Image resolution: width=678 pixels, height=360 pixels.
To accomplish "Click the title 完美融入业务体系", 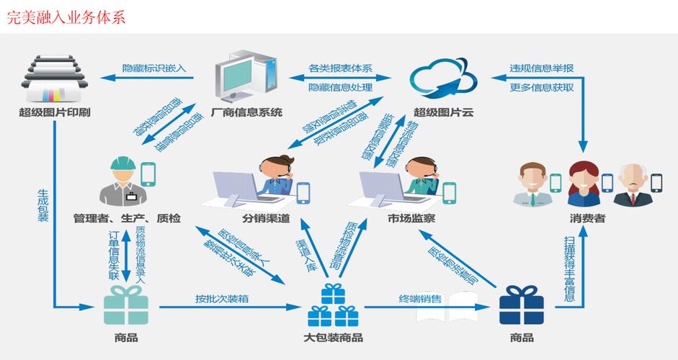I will click(x=66, y=17).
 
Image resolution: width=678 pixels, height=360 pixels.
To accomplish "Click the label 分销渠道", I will click(x=266, y=217).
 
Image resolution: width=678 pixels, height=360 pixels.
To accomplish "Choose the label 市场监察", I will click(x=411, y=217).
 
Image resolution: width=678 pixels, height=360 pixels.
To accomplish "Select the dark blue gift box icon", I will click(x=521, y=307).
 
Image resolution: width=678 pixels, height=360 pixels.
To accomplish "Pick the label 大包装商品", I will click(x=333, y=337).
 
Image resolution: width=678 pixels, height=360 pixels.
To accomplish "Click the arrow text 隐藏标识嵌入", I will click(x=155, y=68).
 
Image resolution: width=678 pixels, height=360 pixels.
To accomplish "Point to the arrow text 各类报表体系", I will click(x=340, y=68).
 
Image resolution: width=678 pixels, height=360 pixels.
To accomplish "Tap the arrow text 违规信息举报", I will click(x=542, y=68).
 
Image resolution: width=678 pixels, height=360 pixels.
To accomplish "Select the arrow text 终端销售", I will click(x=421, y=298).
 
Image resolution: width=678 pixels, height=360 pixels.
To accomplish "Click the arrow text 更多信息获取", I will click(x=542, y=87).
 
